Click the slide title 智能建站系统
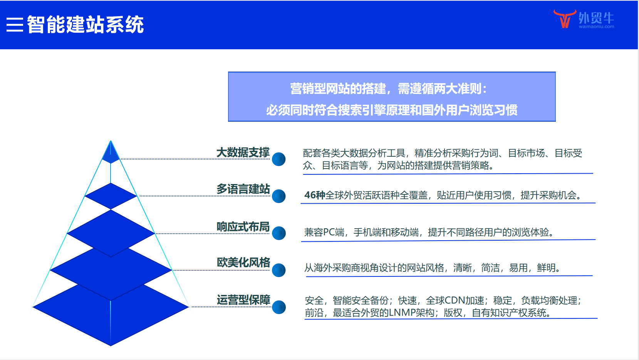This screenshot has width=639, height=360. pos(85,25)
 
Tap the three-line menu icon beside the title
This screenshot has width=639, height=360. pos(15,25)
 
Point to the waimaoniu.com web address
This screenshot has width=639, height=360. pos(596,27)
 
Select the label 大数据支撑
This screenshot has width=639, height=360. pos(243,152)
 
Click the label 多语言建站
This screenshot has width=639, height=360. pos(243,189)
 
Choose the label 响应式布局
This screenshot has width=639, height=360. pos(243,227)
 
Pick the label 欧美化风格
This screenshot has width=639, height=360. pos(243,262)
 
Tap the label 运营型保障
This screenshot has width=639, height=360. pos(243,300)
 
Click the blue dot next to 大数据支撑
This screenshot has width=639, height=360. pos(279,159)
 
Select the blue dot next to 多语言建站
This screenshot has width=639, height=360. pos(279,196)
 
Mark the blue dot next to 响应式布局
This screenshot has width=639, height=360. pos(279,233)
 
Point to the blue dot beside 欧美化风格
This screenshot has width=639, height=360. pos(279,270)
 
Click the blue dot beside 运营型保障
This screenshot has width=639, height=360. pos(279,307)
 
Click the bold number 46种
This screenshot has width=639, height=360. pos(315,195)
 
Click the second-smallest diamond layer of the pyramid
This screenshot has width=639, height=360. pos(111,196)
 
